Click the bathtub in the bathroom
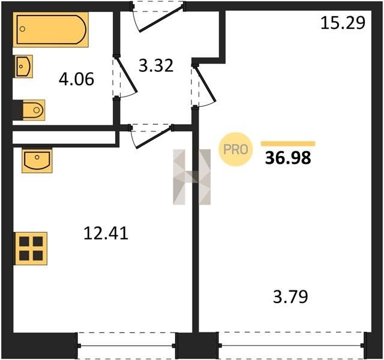(50, 29)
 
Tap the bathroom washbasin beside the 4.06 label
(24, 67)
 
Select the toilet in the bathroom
(34, 110)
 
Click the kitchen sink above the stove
(37, 160)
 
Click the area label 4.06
(76, 79)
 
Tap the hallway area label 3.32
(156, 65)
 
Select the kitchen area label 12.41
(106, 233)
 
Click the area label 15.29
(343, 23)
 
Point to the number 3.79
(290, 296)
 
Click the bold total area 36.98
(288, 158)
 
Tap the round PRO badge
(236, 149)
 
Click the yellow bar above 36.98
(288, 143)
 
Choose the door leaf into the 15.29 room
(205, 83)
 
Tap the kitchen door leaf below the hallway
(154, 137)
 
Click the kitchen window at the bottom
(127, 346)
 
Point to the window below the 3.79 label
(291, 346)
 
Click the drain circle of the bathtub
(22, 29)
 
